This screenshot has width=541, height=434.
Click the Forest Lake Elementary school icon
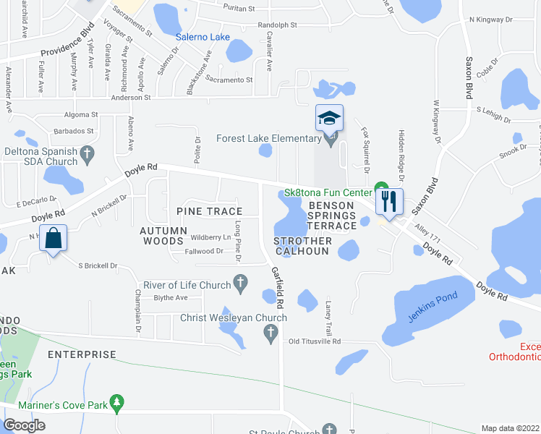tap(329, 118)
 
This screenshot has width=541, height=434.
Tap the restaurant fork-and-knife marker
tap(389, 200)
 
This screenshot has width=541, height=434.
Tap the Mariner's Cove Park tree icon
tap(118, 401)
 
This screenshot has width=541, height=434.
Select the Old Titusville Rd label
tap(314, 341)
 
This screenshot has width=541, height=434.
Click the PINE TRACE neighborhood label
tap(208, 210)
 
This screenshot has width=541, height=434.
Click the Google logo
tap(24, 425)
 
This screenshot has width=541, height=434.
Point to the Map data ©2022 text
tap(511, 428)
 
